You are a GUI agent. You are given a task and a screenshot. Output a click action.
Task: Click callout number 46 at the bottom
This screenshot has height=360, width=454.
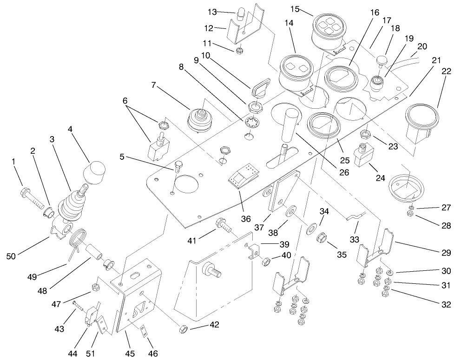[x=153, y=353]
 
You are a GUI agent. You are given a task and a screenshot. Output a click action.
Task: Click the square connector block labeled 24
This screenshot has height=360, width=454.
[x=362, y=156]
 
